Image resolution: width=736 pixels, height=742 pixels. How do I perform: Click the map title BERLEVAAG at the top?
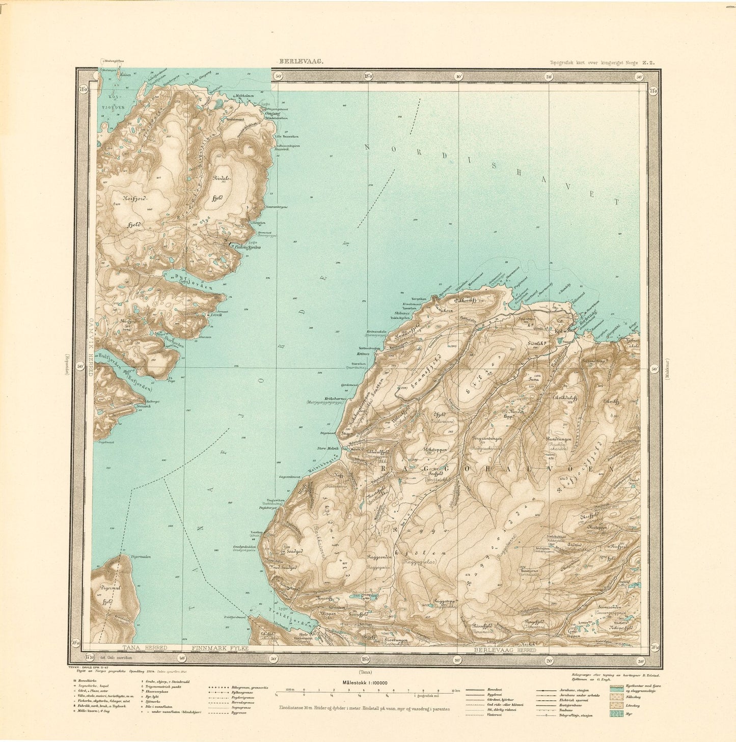(300, 62)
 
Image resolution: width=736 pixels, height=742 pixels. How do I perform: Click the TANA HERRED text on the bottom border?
(141, 648)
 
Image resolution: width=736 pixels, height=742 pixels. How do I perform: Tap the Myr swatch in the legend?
(616, 714)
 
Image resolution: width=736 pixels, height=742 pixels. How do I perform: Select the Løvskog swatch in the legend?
(616, 705)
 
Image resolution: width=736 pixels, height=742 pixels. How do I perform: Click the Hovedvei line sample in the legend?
(476, 688)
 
